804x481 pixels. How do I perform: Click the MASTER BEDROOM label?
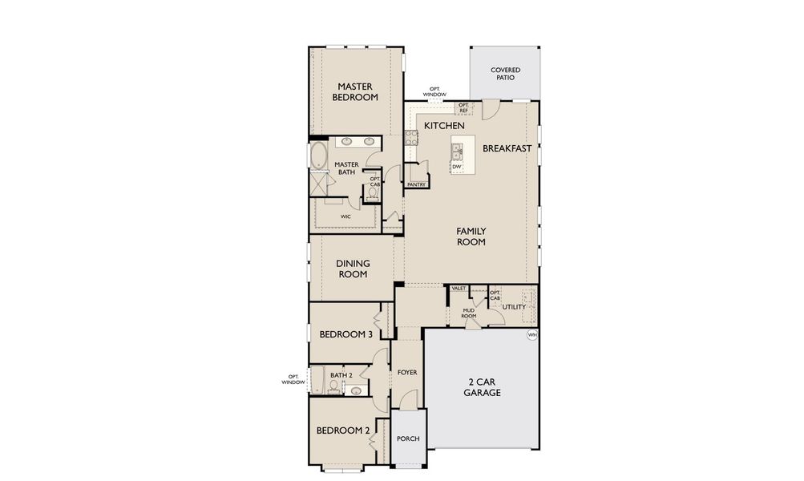coord(357,91)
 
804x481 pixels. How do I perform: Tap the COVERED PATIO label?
coord(506,74)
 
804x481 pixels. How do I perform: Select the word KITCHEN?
coord(444,126)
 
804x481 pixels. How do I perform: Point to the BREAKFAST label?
coord(507,148)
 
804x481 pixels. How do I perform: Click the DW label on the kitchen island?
coord(456,167)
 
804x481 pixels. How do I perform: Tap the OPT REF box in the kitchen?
coord(463,107)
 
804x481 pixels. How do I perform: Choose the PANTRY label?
coord(416,184)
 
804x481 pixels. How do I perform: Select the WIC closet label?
coord(345,216)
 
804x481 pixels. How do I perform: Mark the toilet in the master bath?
coord(374,193)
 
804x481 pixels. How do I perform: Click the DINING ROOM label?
coord(351,268)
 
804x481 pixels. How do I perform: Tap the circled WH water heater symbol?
coord(531,334)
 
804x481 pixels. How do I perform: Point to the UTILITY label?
coord(514,306)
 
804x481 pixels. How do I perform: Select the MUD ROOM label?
coord(469,313)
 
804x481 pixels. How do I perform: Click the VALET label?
coord(459,288)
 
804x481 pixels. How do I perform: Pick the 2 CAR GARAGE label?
coord(482,387)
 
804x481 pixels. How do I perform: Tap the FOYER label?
coord(406,373)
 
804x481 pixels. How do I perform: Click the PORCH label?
coord(408,439)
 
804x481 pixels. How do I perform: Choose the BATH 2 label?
coord(341,374)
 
